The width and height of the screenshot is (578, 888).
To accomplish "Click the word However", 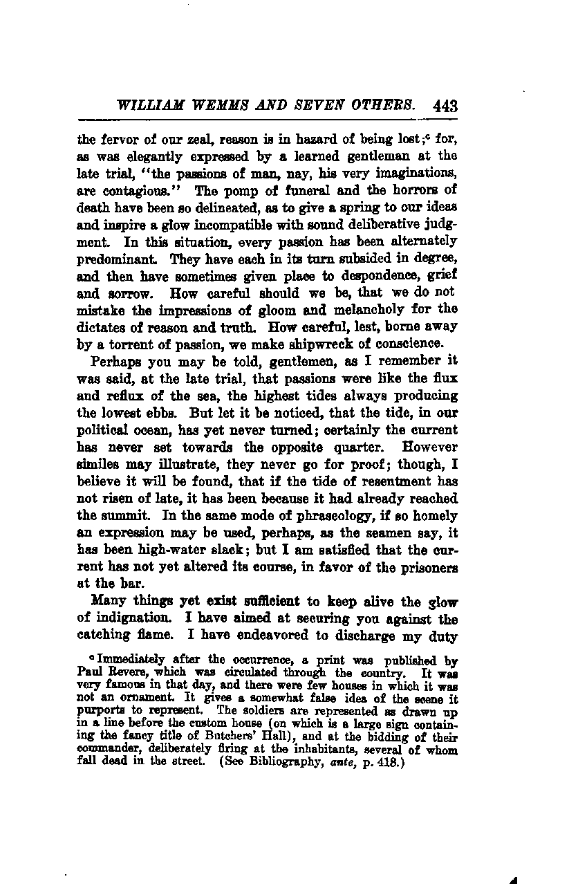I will click(429, 447).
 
